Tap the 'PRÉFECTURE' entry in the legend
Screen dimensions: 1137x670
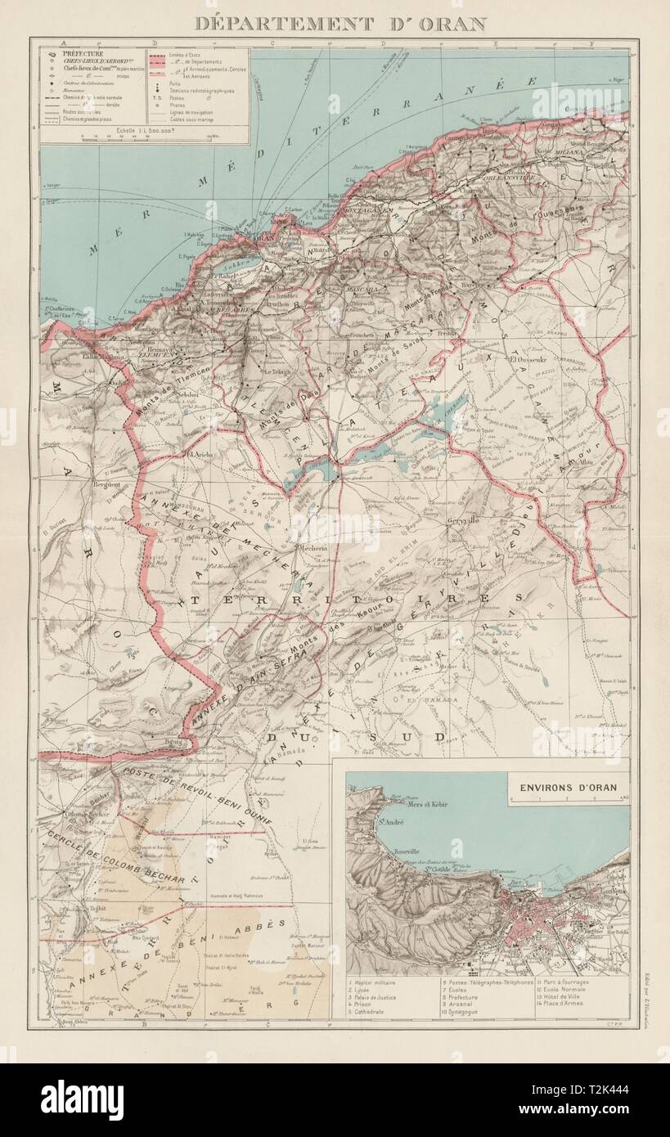click(x=81, y=52)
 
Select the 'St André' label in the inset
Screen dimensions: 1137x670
click(x=390, y=821)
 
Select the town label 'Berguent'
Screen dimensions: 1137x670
click(x=110, y=485)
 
